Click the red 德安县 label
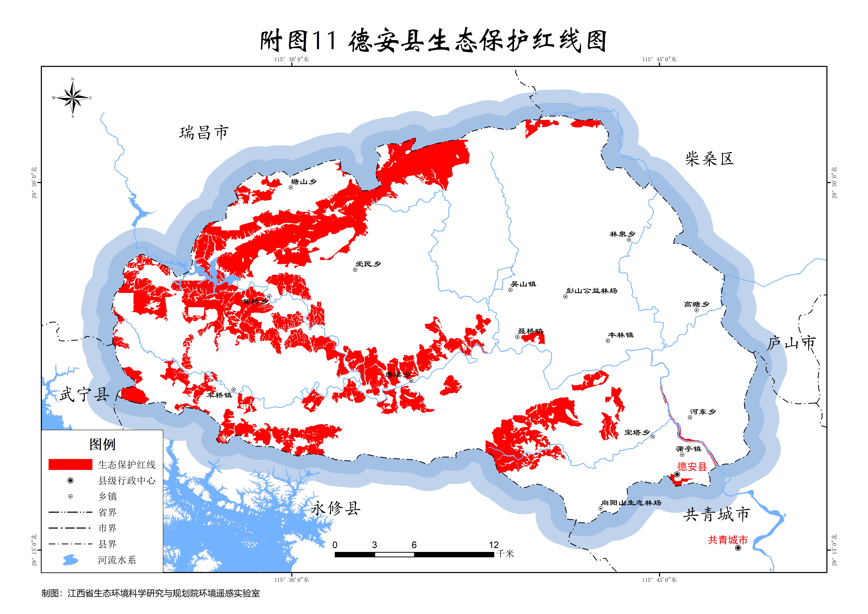692,467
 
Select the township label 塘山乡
304,182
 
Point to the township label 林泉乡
622,234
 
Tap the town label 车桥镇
219,395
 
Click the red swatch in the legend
70,464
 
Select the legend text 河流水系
117,560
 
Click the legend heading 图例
102,444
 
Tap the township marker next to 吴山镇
510,290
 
